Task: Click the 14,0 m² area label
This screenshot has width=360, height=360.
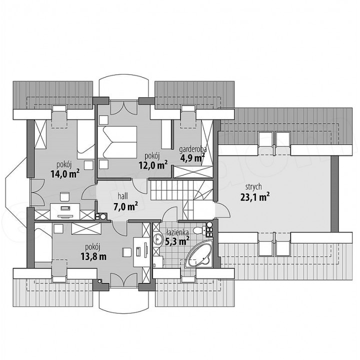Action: (x=65, y=174)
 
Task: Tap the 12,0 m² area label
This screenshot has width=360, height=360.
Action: (x=153, y=165)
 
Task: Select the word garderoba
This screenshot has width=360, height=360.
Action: (x=193, y=149)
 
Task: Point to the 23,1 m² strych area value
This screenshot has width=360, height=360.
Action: (x=255, y=197)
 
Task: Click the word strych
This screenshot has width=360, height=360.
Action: (x=253, y=187)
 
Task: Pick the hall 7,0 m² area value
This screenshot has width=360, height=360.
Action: (x=125, y=206)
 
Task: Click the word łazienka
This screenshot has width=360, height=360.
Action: (x=177, y=232)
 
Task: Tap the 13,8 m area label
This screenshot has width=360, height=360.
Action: (x=93, y=256)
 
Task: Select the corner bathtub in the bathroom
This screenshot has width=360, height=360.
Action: (x=199, y=256)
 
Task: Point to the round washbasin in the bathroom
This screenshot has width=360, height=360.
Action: (x=157, y=239)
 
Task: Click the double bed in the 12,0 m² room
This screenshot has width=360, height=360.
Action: (x=117, y=142)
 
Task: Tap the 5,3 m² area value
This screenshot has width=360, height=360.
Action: (x=177, y=241)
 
